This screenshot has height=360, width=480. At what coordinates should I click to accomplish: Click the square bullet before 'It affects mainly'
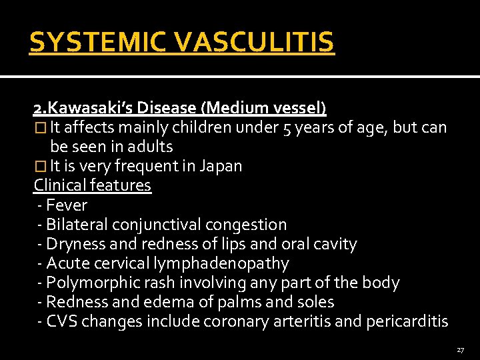click(x=39, y=127)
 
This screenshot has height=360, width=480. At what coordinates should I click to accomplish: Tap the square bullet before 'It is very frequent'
click(x=39, y=166)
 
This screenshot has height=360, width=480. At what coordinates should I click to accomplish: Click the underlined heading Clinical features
click(x=93, y=185)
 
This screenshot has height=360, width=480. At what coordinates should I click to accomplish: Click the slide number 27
click(x=461, y=349)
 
